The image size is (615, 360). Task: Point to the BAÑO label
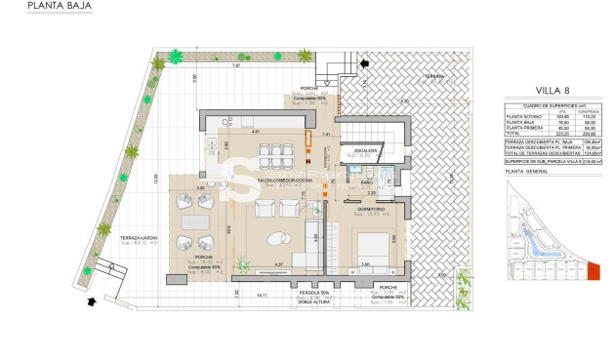362,182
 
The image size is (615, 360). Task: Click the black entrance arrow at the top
365,64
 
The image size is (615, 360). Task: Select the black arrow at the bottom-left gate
91,301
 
